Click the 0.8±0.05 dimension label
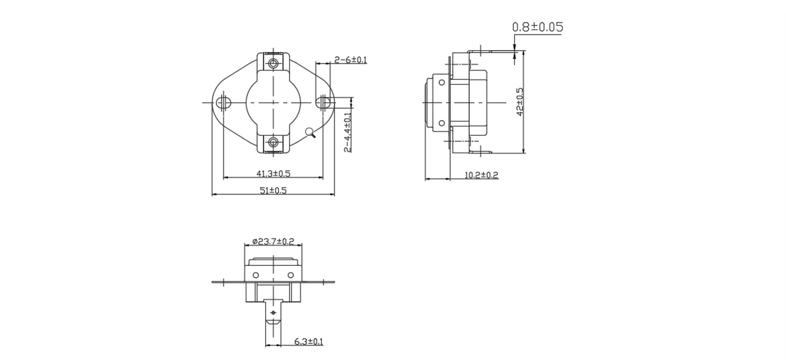[x=537, y=27]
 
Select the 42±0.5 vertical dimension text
[x=520, y=102]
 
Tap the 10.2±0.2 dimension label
[x=481, y=175]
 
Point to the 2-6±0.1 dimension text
[x=350, y=60]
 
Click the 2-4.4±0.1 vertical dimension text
[x=347, y=132]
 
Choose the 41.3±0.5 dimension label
[x=273, y=173]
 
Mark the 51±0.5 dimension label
[x=273, y=190]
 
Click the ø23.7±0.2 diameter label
[x=273, y=241]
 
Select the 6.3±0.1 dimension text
[x=309, y=342]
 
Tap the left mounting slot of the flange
[x=223, y=102]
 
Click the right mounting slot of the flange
[x=323, y=102]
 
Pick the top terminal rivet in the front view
[x=273, y=63]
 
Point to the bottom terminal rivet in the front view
[x=273, y=142]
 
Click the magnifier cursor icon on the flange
[x=311, y=133]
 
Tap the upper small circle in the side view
[x=442, y=83]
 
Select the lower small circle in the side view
[x=442, y=123]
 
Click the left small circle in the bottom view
[x=256, y=275]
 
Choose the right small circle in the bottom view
[x=290, y=275]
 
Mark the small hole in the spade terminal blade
[x=273, y=313]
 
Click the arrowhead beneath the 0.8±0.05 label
[x=514, y=47]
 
